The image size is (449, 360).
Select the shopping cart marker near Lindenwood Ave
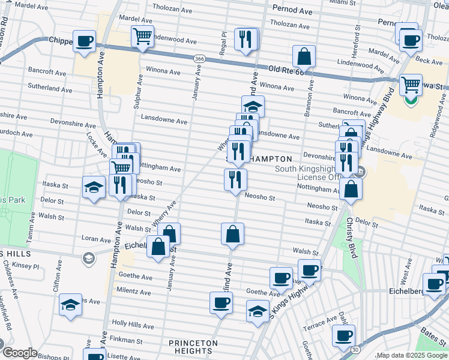[142, 37]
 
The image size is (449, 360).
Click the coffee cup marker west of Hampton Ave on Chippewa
[85, 41]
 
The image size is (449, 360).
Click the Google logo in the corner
[20, 353]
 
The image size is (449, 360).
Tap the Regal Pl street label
[223, 42]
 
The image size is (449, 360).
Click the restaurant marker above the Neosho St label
[235, 179]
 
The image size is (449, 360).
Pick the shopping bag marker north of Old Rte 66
[304, 56]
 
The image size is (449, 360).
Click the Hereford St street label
[357, 41]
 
